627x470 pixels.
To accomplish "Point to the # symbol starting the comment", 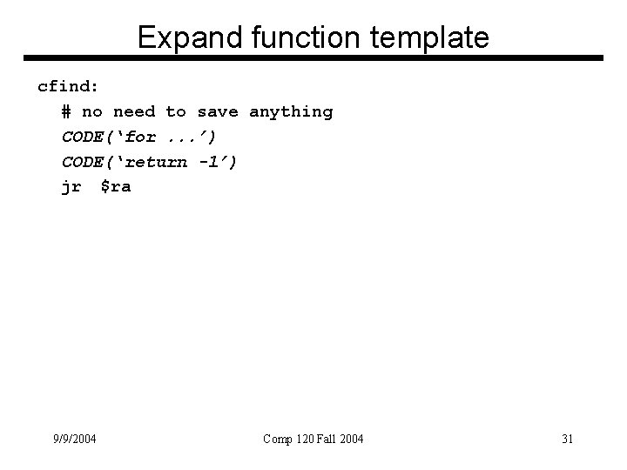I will [67, 111].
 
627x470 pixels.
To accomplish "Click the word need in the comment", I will [134, 111].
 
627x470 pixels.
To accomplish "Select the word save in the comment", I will [218, 111].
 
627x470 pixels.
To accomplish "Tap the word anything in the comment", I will [291, 111].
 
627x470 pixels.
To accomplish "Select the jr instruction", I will [71, 187].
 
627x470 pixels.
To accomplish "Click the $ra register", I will [115, 187].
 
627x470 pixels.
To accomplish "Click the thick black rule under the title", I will [313, 59].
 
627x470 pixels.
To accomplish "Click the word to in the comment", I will [176, 111].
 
